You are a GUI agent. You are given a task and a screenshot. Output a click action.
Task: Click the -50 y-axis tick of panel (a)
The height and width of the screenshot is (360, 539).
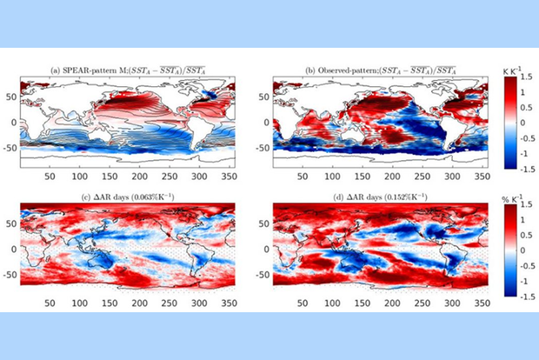[x=11, y=149]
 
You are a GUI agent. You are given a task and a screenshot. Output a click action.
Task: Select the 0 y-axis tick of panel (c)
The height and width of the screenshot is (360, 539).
[x=15, y=247]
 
